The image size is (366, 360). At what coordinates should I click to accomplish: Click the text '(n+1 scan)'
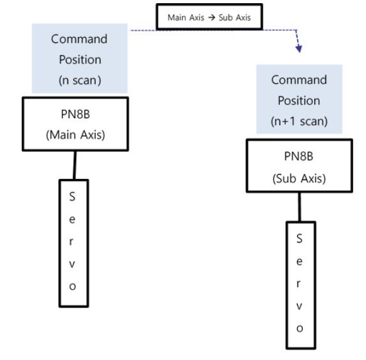299,121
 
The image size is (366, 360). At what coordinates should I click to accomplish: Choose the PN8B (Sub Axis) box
299,167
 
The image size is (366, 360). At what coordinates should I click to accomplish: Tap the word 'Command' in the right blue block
299,80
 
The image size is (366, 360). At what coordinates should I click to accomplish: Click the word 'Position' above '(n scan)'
76,59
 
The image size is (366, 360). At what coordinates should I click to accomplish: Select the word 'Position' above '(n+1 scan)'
299,100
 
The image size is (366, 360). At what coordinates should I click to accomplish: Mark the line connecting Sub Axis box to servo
299,207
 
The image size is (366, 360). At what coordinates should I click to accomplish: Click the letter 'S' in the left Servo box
72,197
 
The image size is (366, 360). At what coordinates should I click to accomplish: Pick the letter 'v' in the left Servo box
72,263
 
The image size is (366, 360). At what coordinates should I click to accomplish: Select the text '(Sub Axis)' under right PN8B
299,178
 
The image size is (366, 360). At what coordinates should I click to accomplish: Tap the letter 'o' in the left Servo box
72,286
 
